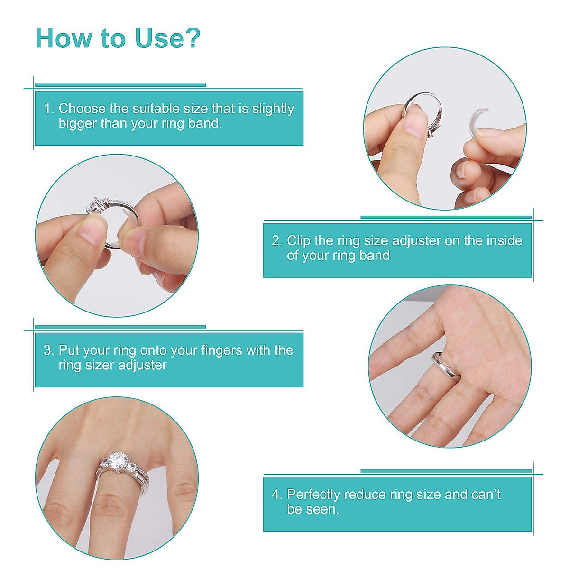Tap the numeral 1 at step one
point(47,109)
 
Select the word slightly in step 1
point(273,109)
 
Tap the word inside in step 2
point(504,240)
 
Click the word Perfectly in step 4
point(313,495)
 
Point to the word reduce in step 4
point(365,495)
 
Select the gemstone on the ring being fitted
point(94,207)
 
